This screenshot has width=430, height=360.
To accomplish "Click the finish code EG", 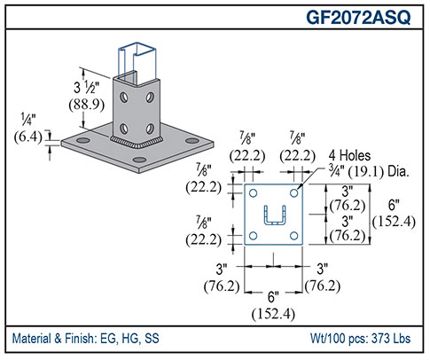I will (x=113, y=340).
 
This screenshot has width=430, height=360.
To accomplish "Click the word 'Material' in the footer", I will (x=35, y=340).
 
